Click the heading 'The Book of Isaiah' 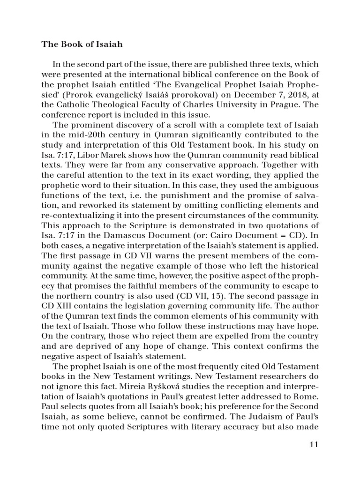[x=82, y=45]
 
